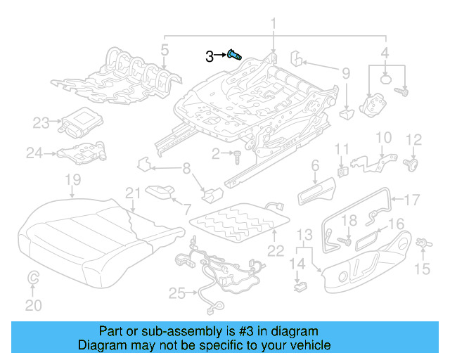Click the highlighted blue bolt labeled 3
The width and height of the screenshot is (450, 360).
pos(235,55)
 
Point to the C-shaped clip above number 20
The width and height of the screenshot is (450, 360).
pos(32,281)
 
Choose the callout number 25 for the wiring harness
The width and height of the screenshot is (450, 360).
pos(176,292)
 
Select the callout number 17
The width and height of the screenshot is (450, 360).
pos(411,198)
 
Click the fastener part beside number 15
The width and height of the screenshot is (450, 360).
pos(423,243)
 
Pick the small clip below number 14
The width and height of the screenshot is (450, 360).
pos(301,285)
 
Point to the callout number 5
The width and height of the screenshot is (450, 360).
pos(163,49)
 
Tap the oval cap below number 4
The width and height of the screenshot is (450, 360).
pos(386,79)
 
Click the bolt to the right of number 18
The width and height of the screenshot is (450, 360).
pos(346,241)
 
